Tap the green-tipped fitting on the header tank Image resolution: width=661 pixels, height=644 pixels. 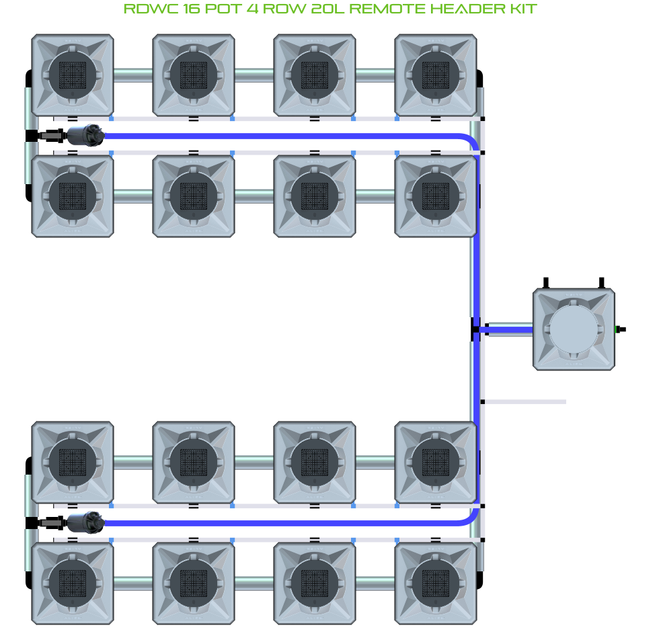coord(620,329)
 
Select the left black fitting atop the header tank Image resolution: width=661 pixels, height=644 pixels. coord(547,282)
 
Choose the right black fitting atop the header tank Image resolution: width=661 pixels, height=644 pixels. coord(602,282)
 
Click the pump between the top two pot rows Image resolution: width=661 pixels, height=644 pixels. coord(85,135)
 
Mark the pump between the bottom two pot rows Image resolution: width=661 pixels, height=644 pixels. coord(85,522)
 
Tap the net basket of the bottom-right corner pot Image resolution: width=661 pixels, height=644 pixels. coord(435,582)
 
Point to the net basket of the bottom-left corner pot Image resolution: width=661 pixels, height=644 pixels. coord(73,582)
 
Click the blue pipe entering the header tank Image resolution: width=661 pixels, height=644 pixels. coord(508,329)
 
